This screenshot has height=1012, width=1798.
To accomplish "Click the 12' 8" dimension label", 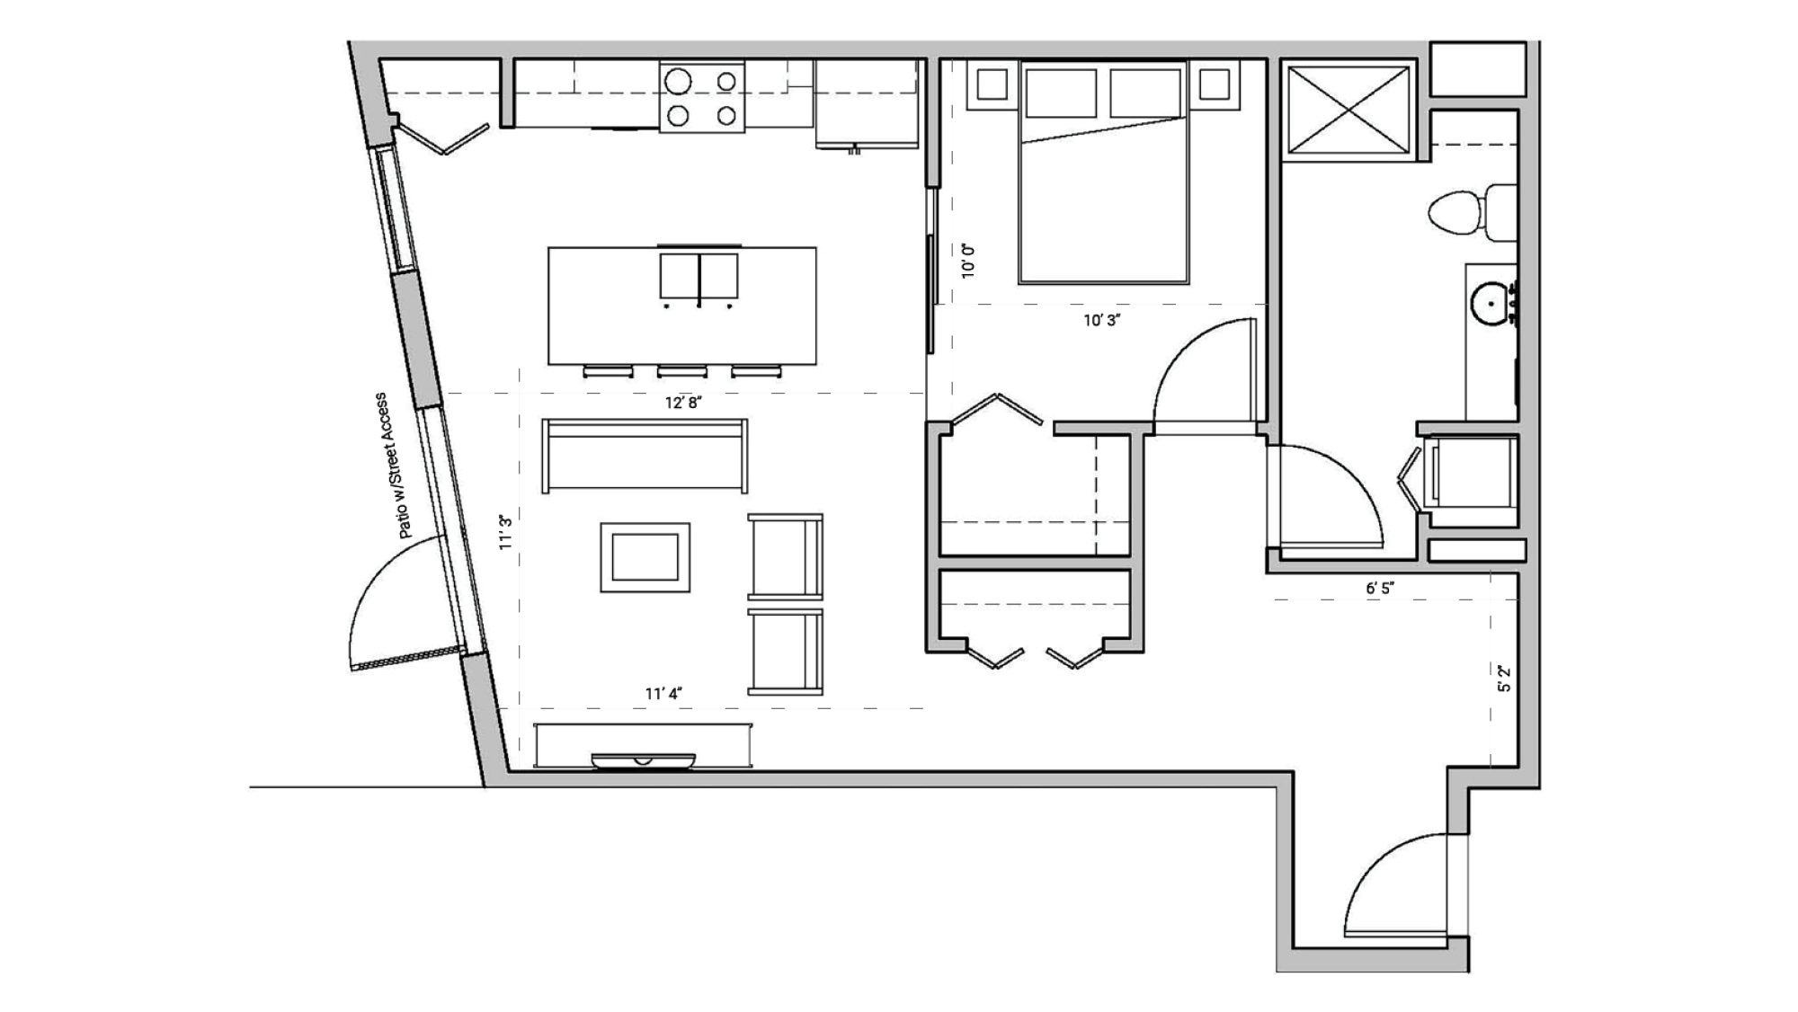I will (682, 403).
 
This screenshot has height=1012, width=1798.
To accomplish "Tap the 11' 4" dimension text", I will (663, 693).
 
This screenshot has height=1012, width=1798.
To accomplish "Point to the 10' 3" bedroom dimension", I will (1101, 320).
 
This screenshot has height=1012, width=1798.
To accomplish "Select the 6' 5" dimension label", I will (1379, 588).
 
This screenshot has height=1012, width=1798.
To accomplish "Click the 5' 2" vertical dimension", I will (1504, 679).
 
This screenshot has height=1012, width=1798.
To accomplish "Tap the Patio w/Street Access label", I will (395, 466).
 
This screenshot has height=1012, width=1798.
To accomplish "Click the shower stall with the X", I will (1348, 110).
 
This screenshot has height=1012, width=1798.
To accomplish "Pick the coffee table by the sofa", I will (645, 557).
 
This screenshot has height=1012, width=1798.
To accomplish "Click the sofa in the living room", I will (645, 456).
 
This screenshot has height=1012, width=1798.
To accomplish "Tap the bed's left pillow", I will (1061, 93).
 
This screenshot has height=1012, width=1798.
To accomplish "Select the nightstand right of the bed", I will (1214, 85).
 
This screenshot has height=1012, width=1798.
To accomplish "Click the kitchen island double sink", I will (699, 276).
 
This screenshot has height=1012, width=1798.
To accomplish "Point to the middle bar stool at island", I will (681, 371).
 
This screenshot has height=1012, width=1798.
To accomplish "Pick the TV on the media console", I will (643, 760).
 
